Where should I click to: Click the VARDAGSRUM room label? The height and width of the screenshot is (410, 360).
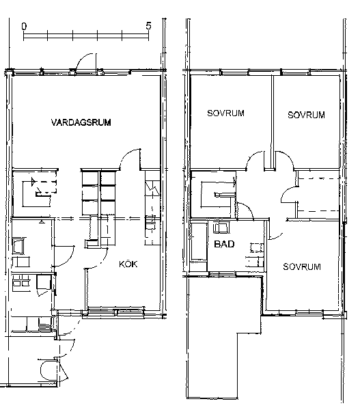point(81,122)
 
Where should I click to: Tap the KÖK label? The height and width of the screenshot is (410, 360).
point(128,264)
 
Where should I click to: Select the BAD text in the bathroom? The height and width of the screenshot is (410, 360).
point(224,244)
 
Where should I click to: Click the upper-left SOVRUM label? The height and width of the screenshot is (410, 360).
point(225,113)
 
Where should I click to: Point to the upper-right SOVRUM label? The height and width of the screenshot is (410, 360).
point(306,115)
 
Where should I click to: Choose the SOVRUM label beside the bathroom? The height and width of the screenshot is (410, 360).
point(302,266)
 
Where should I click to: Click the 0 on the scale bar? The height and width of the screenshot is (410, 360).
point(24,26)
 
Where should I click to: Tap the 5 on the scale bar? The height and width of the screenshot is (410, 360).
point(148,26)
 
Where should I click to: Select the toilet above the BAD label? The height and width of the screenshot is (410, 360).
point(221,228)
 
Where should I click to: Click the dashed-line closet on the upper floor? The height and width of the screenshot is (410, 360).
point(318,195)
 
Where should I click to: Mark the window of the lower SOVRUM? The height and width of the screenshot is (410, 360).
point(309,312)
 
